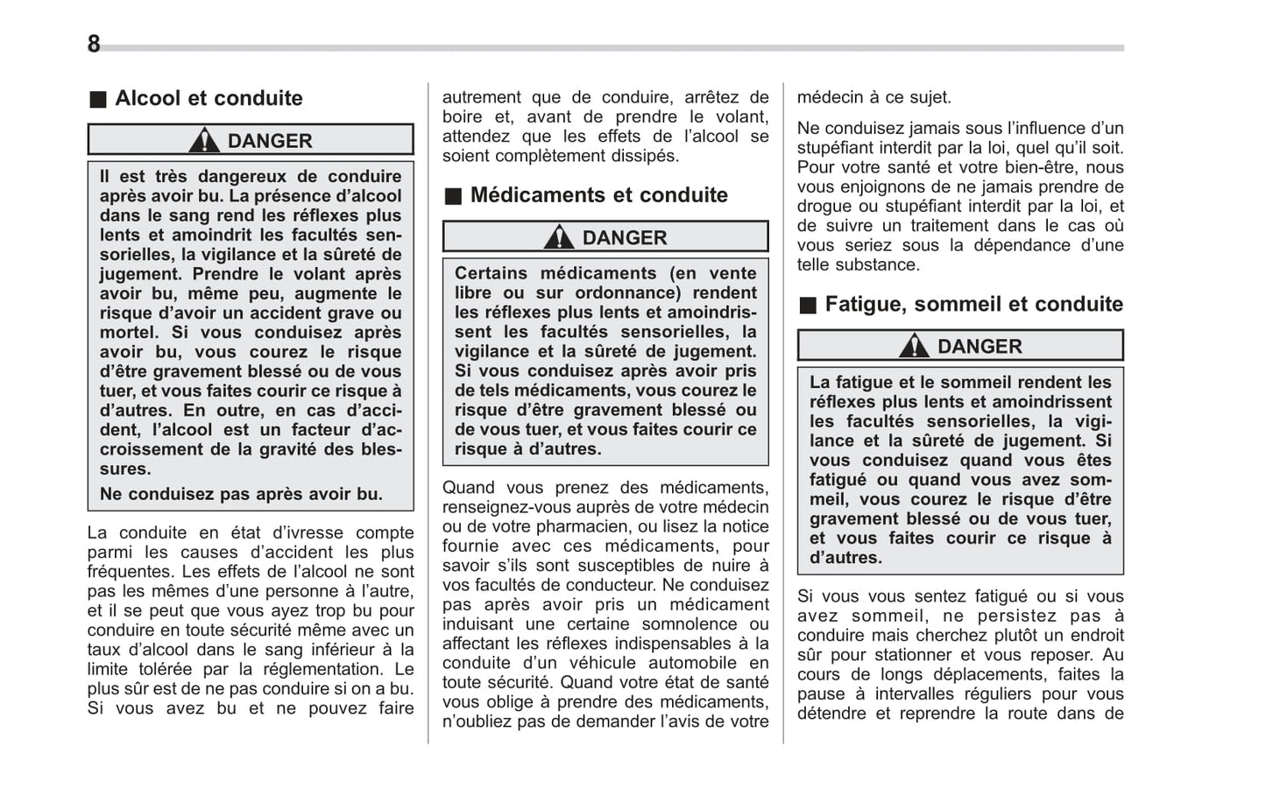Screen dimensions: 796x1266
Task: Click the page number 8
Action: (94, 44)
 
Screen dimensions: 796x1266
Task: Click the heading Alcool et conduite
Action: (209, 98)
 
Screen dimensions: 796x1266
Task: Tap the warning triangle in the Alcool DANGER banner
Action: (204, 140)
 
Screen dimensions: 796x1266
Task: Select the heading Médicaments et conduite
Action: (598, 195)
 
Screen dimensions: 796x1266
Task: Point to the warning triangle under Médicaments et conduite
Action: (559, 237)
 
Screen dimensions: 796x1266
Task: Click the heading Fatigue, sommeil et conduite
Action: (973, 305)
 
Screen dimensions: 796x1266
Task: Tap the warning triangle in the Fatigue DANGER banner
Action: (914, 347)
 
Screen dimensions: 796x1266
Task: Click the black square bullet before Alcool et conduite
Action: (98, 100)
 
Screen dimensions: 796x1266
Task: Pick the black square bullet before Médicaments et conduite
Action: (452, 196)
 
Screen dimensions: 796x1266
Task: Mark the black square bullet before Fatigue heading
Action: (807, 306)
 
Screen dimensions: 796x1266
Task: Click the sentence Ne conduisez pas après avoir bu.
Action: (241, 494)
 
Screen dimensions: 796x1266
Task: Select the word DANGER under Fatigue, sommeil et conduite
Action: (980, 347)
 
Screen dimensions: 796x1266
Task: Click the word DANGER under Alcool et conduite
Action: (270, 141)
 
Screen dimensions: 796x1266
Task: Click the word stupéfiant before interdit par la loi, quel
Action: (840, 148)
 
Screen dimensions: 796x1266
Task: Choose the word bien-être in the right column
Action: (1041, 167)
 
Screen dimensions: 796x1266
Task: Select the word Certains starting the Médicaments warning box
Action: (491, 273)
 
